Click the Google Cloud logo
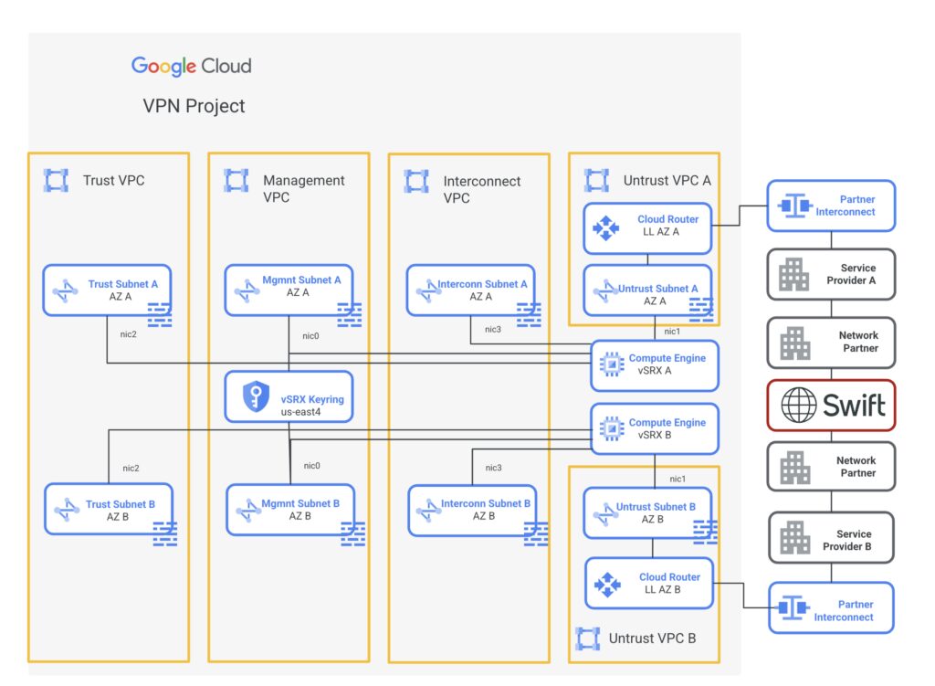(191, 66)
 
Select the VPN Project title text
(194, 106)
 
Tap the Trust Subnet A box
(108, 290)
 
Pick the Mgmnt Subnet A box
(289, 290)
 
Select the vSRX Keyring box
(289, 396)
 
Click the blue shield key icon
(255, 396)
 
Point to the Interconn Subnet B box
(472, 510)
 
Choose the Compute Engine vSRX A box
(655, 365)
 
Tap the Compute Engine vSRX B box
(655, 429)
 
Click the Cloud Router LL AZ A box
(648, 226)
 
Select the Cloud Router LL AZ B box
(649, 583)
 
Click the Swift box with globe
(831, 405)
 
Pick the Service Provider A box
(831, 274)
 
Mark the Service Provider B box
(832, 540)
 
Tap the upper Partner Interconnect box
(831, 206)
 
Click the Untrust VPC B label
(652, 639)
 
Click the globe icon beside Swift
(799, 405)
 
